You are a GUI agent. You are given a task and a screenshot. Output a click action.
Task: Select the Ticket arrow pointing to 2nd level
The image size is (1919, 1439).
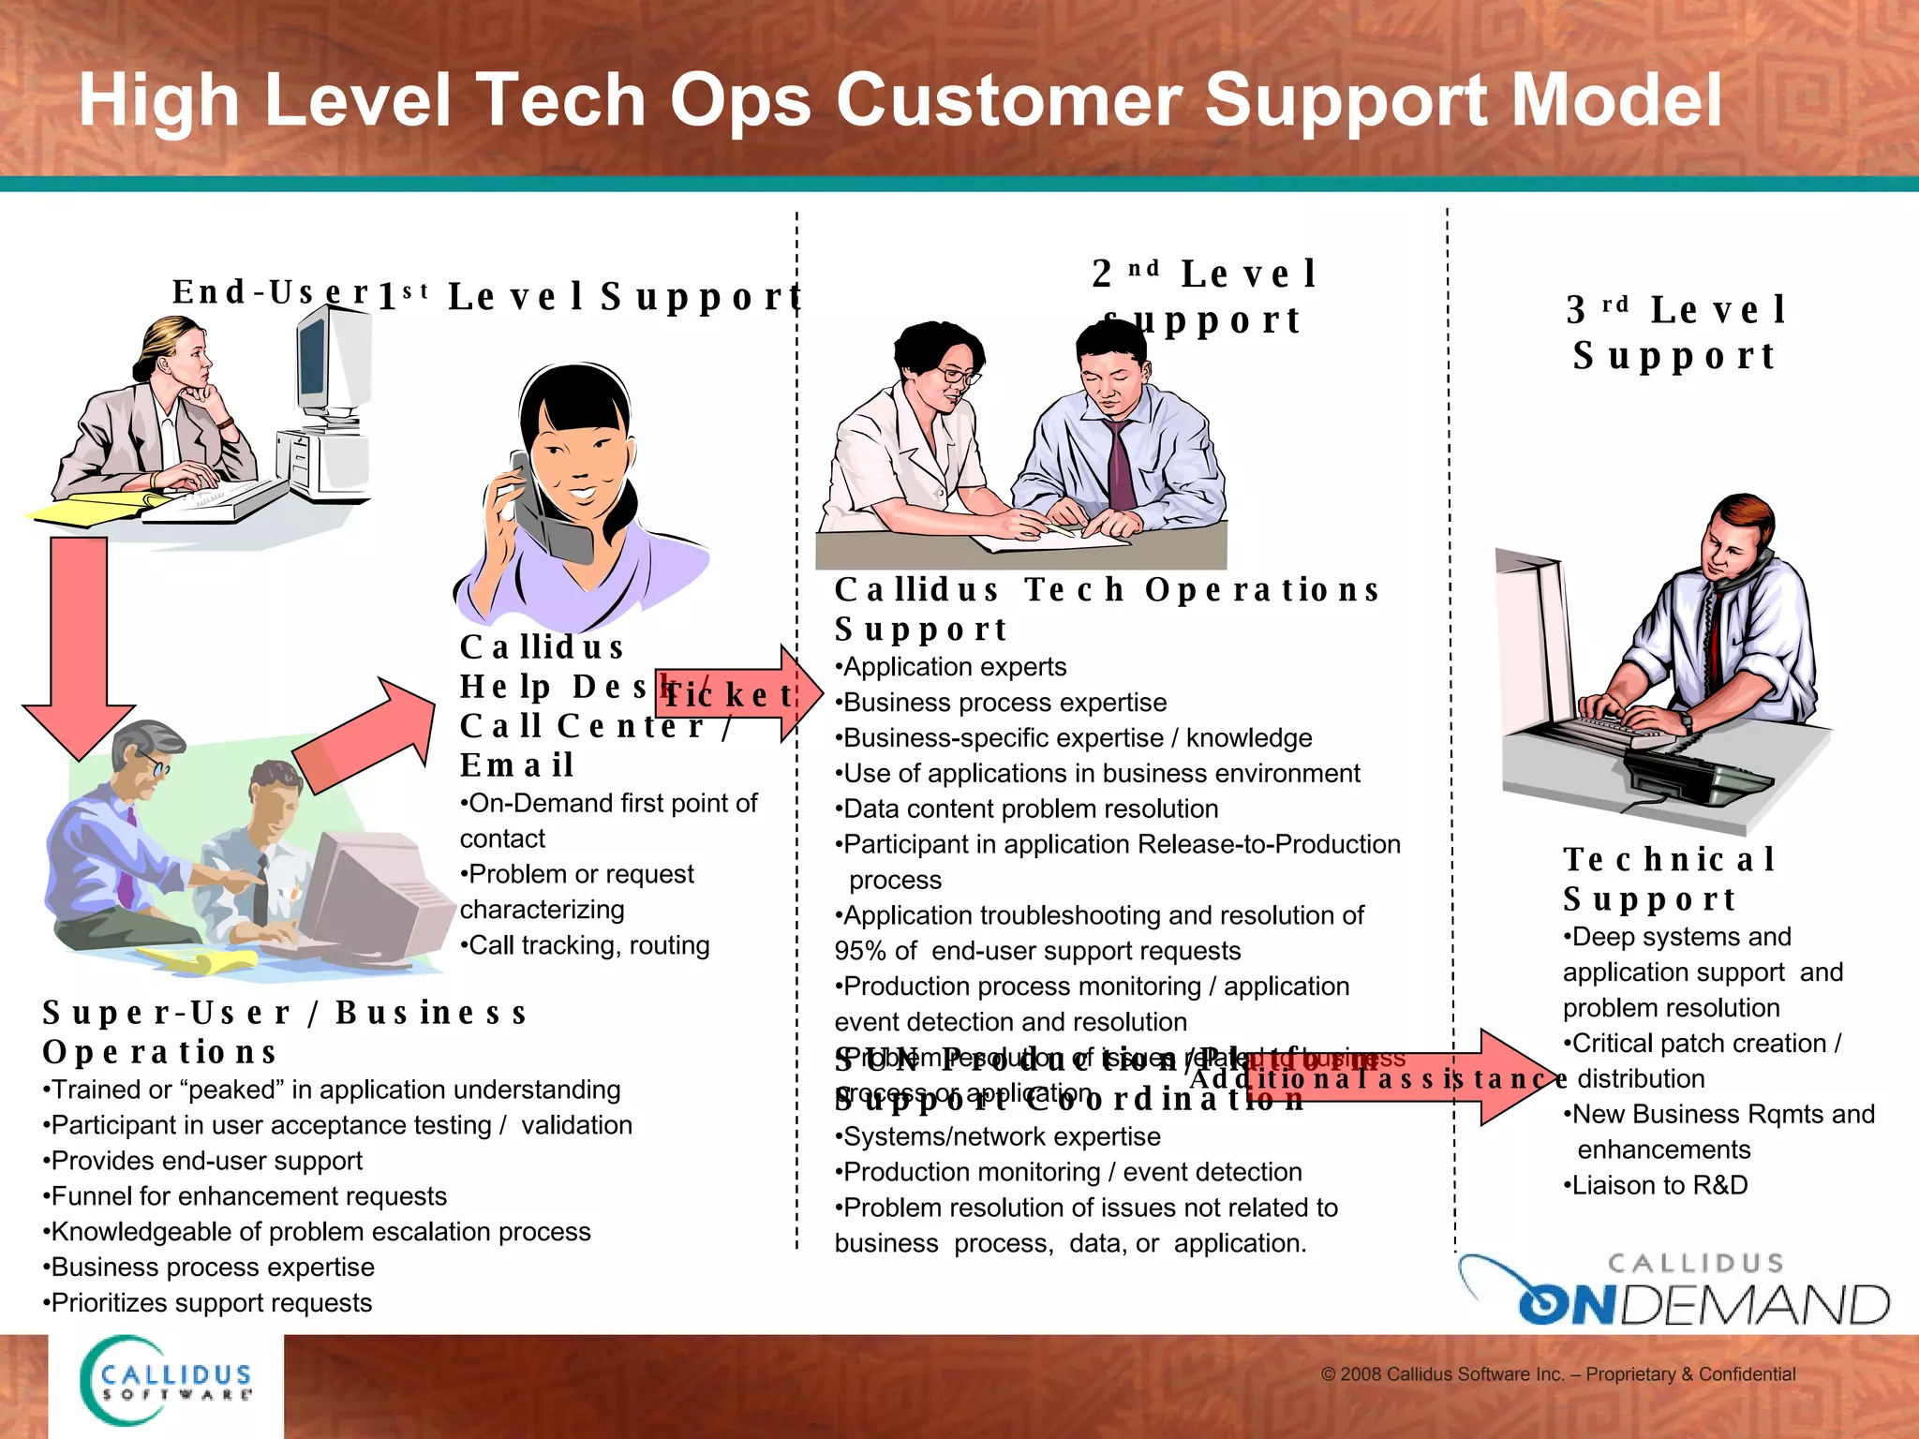point(740,694)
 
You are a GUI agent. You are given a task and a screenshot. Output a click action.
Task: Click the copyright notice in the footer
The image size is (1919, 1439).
point(1557,1374)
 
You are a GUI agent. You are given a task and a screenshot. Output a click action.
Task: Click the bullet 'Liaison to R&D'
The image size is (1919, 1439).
point(1657,1185)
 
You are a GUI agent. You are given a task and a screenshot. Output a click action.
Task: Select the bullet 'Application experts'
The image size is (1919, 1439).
point(951,667)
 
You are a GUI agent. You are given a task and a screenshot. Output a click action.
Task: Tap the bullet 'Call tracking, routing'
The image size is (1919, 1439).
point(586,945)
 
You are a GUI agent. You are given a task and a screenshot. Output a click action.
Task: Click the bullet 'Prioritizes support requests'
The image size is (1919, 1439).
point(208,1303)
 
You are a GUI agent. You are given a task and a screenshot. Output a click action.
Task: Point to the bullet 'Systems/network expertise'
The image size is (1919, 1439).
point(999,1137)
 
